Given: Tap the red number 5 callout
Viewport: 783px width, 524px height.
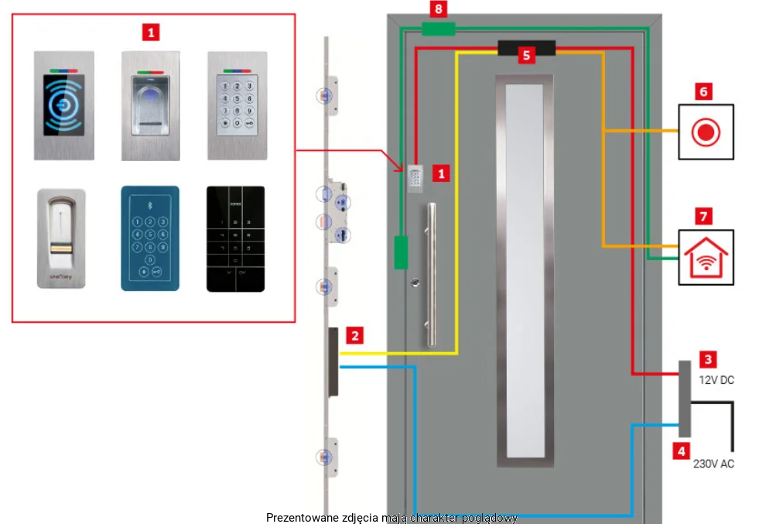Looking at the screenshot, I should [x=526, y=55].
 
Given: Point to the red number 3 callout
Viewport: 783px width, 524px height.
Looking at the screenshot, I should [x=708, y=359].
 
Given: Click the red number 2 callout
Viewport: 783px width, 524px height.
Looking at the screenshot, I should [x=354, y=336].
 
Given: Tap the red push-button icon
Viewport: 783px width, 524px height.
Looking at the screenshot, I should [x=706, y=132].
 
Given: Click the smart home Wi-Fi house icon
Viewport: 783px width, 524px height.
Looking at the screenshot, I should [x=706, y=258].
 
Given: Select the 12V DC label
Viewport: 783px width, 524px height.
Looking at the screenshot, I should [x=716, y=380].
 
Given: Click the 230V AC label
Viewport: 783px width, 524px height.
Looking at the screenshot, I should [x=713, y=464].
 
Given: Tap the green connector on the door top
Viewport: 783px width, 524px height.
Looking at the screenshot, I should [x=438, y=29].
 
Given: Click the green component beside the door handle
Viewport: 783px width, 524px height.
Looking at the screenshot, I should [x=401, y=252].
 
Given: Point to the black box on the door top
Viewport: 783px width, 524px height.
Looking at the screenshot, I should [x=526, y=48].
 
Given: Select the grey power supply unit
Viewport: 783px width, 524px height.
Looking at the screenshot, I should [x=685, y=396].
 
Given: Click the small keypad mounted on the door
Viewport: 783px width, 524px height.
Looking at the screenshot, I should [x=415, y=178].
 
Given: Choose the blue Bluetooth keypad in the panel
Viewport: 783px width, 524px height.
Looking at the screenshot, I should [x=150, y=238].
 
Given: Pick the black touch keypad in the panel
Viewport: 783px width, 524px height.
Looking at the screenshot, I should [x=235, y=238].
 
